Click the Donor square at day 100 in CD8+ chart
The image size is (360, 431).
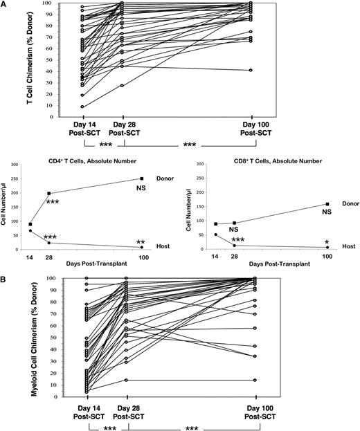coord(325,204)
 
